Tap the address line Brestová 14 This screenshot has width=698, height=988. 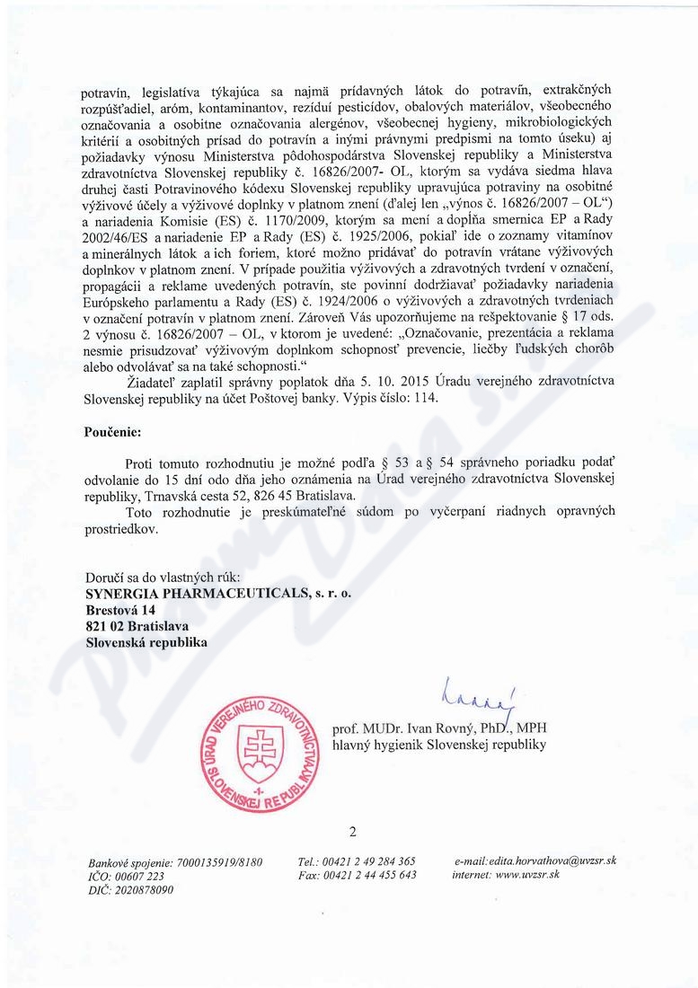[114, 610]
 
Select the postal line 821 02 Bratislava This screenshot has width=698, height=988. [129, 626]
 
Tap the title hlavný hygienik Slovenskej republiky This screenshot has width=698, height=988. [438, 745]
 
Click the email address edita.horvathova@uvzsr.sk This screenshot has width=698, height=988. [560, 860]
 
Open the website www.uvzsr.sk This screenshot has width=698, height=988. [528, 875]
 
